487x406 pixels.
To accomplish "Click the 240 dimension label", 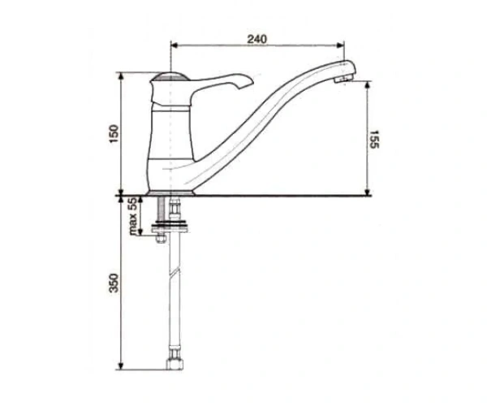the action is coord(256,39).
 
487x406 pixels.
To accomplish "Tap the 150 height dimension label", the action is coord(114,133).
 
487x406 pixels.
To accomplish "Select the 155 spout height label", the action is coord(374,140).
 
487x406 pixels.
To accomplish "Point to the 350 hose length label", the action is coord(114,283).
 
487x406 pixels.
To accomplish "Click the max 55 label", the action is coord(133,217).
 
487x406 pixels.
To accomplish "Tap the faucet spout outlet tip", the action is coord(343,80).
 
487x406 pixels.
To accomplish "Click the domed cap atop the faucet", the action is coord(170,76).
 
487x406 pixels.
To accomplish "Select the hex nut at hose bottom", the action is coord(175,364).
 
